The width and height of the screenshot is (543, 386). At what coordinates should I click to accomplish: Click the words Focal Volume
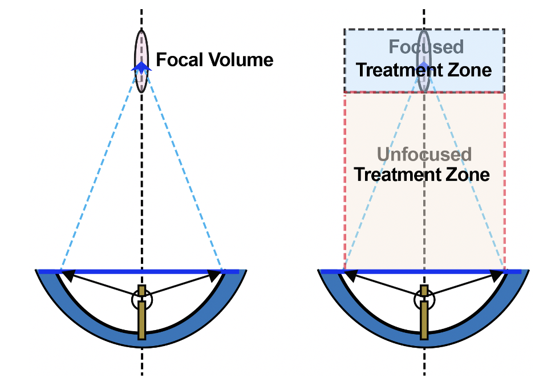(x=214, y=60)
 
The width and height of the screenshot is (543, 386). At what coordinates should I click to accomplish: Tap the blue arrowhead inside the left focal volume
(x=141, y=67)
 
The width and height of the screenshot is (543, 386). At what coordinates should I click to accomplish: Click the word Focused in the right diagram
(x=426, y=46)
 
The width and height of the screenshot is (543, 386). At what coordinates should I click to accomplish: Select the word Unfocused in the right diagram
(x=424, y=154)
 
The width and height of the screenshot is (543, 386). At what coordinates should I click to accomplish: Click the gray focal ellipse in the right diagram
(x=423, y=80)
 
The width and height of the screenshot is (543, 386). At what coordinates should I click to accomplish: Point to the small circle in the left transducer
(x=141, y=298)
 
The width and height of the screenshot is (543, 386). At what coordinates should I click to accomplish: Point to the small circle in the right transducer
(x=424, y=298)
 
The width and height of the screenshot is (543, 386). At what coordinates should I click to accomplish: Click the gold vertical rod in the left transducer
(x=141, y=320)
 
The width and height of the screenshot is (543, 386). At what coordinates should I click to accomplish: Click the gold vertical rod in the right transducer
(x=424, y=320)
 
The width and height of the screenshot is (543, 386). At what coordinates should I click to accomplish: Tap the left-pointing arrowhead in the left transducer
(x=68, y=276)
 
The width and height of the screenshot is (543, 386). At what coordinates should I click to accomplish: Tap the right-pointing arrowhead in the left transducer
(x=214, y=276)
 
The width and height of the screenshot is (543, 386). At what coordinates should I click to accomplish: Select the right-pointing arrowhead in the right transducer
(x=497, y=276)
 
